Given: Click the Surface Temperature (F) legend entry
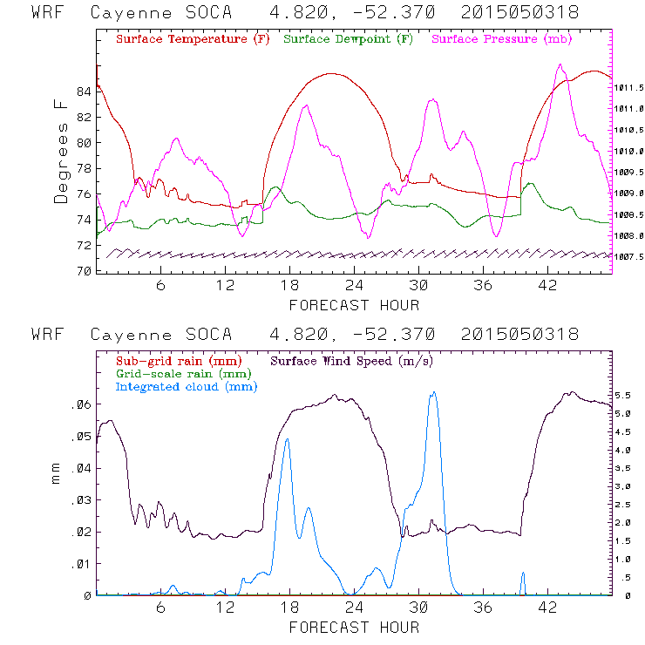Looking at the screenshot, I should coord(193,40).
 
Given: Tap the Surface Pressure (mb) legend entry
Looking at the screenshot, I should coord(497,40).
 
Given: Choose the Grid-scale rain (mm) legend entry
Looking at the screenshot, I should coord(174,374).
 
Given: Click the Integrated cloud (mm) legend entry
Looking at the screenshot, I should coord(187,387).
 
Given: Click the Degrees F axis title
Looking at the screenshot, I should coord(61,151).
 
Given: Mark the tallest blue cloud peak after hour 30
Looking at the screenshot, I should coord(433,392).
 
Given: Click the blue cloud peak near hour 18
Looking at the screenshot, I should coord(287,439).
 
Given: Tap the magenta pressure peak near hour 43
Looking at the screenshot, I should coord(560,64).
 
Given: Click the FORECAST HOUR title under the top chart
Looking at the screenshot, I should coord(354,305).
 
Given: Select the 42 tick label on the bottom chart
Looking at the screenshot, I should coord(548,608).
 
